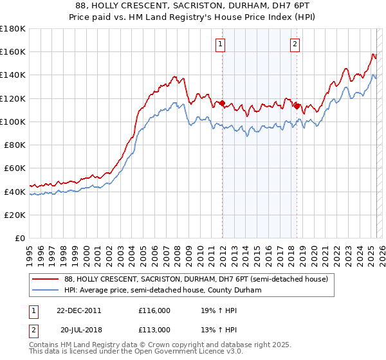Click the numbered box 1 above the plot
(x=221, y=44)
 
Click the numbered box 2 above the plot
(x=295, y=44)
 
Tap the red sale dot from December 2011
(x=223, y=103)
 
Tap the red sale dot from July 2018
(x=297, y=106)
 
